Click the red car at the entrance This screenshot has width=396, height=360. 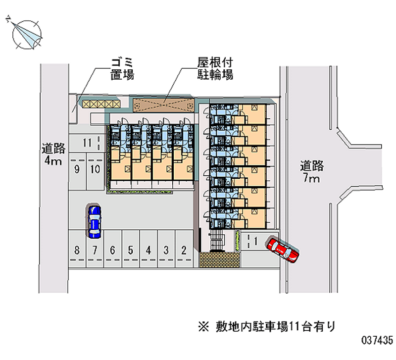(x=282, y=249)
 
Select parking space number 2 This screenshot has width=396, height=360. (x=184, y=249)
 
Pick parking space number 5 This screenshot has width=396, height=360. (x=131, y=249)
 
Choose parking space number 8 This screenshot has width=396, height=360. (x=77, y=249)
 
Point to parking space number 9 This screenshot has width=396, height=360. (x=77, y=171)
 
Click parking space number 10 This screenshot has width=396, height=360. (x=95, y=171)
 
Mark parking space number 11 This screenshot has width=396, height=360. (x=87, y=143)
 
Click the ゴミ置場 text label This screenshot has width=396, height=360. (x=122, y=69)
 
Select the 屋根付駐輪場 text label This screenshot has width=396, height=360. (x=215, y=69)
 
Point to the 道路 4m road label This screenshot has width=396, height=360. (x=53, y=154)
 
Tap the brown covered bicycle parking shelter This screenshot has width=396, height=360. (x=164, y=105)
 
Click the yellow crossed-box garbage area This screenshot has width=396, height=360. (x=101, y=104)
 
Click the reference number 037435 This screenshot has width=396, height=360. (x=377, y=340)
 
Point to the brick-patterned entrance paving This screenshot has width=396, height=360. (x=219, y=259)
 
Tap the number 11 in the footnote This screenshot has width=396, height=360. (x=295, y=326)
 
